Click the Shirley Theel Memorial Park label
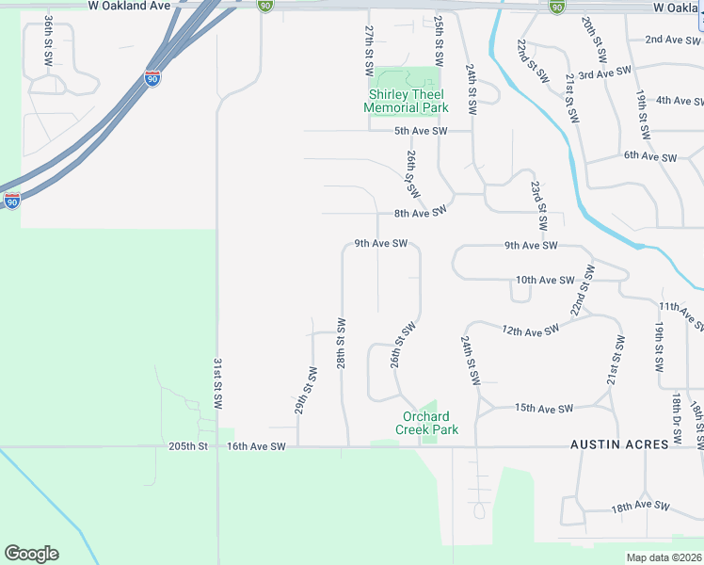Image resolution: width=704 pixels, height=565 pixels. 406,101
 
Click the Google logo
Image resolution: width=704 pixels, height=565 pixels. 31,554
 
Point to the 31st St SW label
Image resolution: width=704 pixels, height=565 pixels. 217,382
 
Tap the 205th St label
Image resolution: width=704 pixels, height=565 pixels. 186,446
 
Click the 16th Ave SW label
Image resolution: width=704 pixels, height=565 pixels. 256,446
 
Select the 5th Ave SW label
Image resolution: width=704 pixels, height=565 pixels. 421,131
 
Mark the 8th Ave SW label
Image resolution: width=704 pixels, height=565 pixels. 418,214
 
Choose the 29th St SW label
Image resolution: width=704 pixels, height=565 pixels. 305,391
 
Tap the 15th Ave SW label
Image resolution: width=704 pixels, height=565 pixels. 543,409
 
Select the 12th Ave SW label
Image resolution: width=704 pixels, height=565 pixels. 530,331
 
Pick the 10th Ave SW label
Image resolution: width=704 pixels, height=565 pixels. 545,280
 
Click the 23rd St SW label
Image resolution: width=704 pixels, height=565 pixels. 538,206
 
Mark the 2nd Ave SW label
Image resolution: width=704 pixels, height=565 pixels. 673,40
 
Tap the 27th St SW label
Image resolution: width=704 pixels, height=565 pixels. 369,52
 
